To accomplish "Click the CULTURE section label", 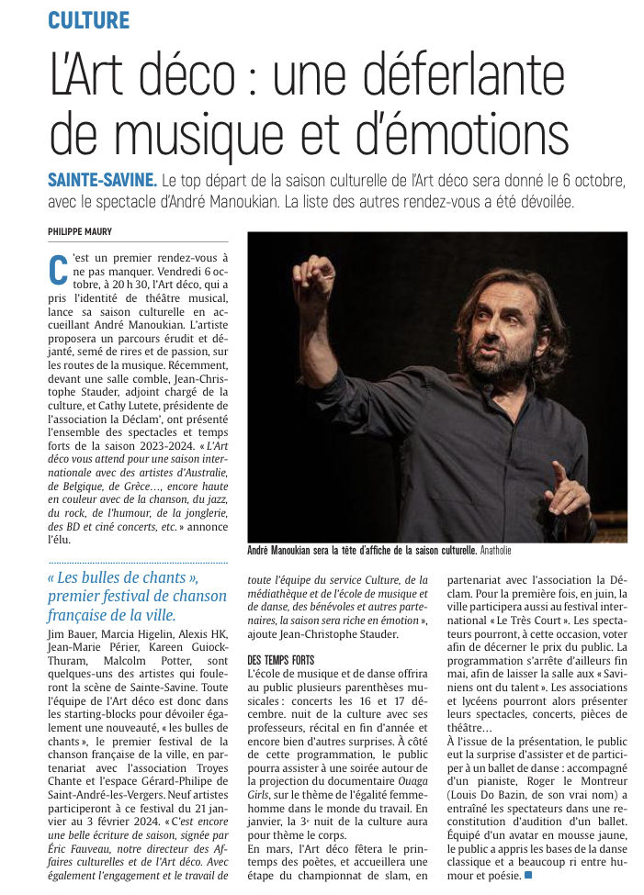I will click(x=89, y=20).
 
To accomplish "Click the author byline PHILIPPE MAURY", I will click(x=79, y=232).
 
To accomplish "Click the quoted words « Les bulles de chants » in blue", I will click(x=125, y=577).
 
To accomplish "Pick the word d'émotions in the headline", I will click(x=469, y=131).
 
